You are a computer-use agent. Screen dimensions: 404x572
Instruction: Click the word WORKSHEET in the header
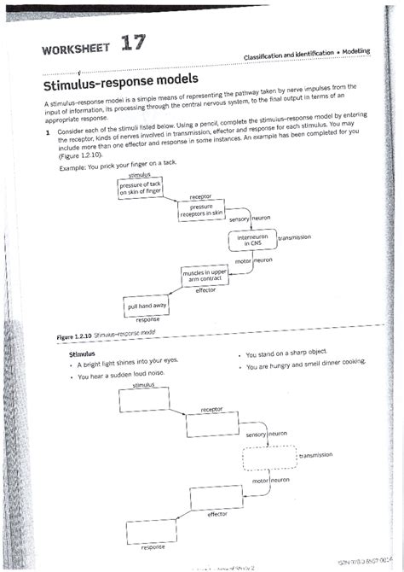click(x=72, y=50)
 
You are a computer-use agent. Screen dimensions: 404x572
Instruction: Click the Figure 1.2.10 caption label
click(x=75, y=337)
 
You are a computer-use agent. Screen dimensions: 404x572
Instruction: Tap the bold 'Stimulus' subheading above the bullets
click(x=82, y=353)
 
